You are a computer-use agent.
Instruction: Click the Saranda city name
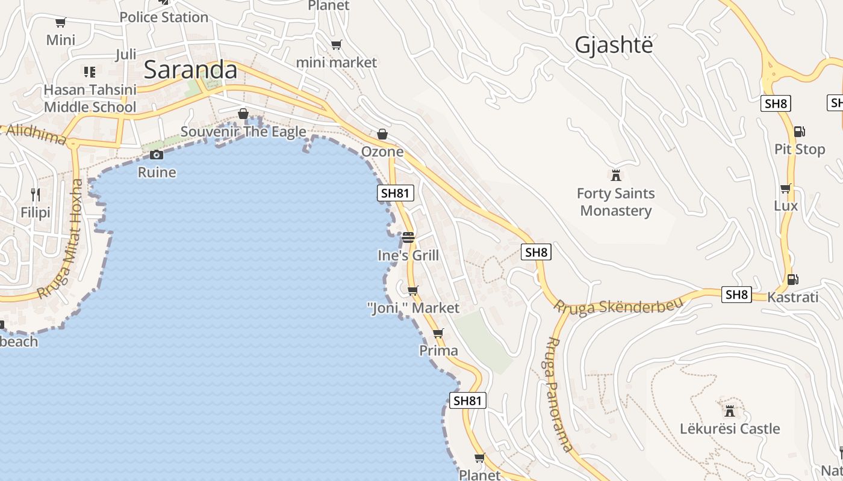(191, 70)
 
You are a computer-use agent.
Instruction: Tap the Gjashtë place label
(614, 45)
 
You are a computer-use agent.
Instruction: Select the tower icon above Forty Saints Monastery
(615, 176)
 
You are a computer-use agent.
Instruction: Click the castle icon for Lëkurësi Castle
(730, 411)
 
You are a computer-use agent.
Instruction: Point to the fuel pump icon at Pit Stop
(799, 131)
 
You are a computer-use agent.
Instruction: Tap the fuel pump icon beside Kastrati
(793, 279)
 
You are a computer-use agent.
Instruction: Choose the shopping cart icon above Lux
(785, 189)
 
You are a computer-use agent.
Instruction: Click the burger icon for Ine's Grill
(408, 237)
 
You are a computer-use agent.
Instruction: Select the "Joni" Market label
(413, 308)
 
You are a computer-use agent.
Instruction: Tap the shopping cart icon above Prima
(438, 333)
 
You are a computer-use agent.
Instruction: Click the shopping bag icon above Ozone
(382, 134)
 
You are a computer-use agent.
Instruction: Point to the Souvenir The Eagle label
(243, 132)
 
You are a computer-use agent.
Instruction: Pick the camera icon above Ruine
(157, 155)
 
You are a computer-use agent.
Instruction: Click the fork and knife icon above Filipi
(36, 194)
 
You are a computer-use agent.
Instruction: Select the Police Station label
(164, 17)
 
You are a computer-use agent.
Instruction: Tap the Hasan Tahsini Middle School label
(90, 99)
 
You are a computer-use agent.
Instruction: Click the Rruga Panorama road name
(558, 394)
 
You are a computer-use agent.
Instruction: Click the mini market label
(337, 63)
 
